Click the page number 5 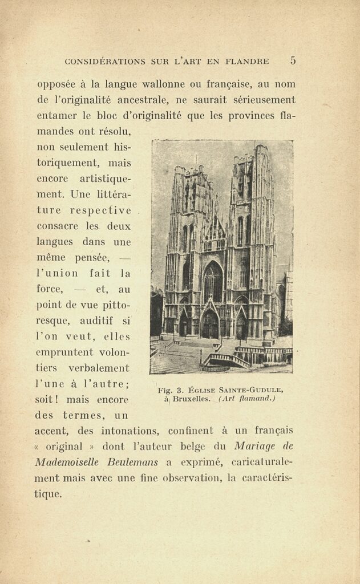point(293,60)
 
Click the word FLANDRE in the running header point(246,61)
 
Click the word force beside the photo point(50,289)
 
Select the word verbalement point(100,368)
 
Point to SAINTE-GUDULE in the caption point(256,390)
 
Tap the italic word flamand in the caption point(254,399)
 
